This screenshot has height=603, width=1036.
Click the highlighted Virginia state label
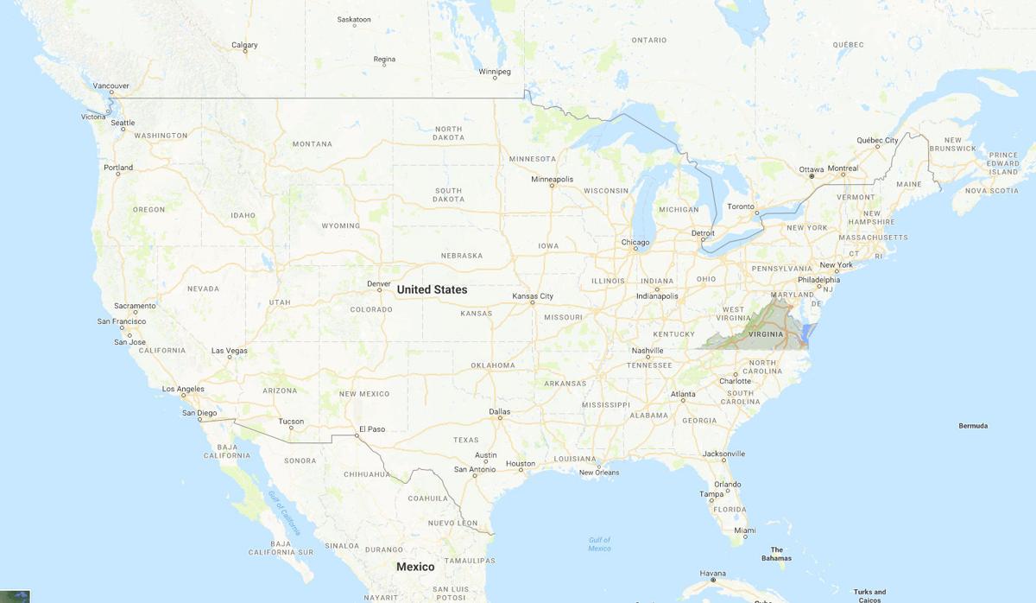[766, 333]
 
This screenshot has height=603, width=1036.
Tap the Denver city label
[379, 283]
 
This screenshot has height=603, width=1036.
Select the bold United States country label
[432, 290]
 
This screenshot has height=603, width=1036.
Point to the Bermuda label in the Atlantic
[973, 426]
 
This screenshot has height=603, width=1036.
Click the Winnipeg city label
[495, 72]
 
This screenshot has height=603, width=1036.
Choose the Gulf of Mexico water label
[599, 544]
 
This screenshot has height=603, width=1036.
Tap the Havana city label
[712, 573]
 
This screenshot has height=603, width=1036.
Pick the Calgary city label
[244, 45]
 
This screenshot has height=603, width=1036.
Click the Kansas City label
[533, 296]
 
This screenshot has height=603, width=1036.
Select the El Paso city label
[371, 428]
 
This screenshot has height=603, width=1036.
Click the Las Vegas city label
[230, 351]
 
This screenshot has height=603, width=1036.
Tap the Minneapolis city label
[553, 180]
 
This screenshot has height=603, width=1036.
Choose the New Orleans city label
[599, 473]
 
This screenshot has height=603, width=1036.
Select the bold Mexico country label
[415, 567]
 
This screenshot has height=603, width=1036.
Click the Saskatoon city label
[354, 19]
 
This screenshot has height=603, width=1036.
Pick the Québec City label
[877, 140]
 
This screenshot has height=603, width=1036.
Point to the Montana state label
[312, 143]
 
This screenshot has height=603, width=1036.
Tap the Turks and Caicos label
[869, 596]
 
